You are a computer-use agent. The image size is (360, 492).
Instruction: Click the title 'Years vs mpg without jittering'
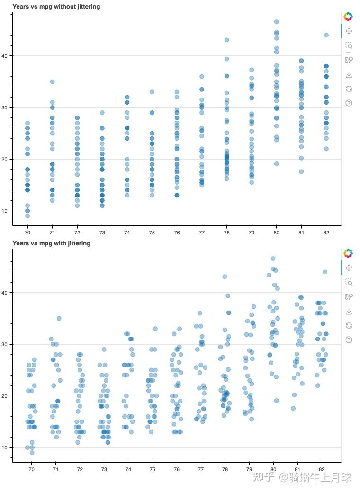tap(56, 7)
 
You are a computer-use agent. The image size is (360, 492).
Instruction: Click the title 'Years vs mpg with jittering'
tap(52, 243)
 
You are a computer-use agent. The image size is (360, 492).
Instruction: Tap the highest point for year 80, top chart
tap(277, 22)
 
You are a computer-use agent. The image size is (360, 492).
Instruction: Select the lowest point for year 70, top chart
tap(27, 216)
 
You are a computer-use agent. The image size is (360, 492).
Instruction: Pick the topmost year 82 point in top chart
tap(326, 35)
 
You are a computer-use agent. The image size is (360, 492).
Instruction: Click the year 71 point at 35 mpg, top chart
tap(52, 81)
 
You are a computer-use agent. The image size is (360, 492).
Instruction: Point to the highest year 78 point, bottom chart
tap(225, 277)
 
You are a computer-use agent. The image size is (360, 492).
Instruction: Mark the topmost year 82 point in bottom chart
tap(325, 272)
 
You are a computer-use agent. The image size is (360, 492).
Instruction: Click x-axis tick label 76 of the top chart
tap(177, 233)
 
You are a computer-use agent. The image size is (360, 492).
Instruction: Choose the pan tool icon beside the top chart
tap(349, 31)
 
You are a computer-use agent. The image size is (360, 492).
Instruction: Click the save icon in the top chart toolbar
tap(349, 74)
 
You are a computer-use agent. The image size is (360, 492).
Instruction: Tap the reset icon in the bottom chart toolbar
tap(349, 325)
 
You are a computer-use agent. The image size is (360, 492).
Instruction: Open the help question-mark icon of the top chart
tap(349, 103)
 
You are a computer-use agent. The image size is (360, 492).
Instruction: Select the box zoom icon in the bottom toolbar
tap(349, 282)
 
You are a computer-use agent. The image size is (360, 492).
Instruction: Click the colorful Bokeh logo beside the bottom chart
tap(348, 253)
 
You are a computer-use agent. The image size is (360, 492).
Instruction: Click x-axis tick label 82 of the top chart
tap(326, 233)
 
